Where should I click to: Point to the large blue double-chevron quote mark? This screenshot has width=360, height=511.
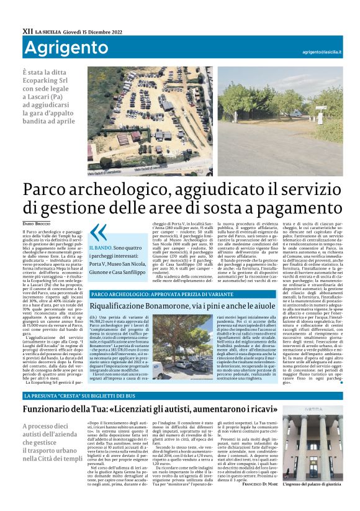[x=98, y=233]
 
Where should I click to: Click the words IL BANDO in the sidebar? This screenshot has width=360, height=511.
[x=102, y=248]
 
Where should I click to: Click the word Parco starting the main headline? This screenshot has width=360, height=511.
[x=50, y=189]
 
